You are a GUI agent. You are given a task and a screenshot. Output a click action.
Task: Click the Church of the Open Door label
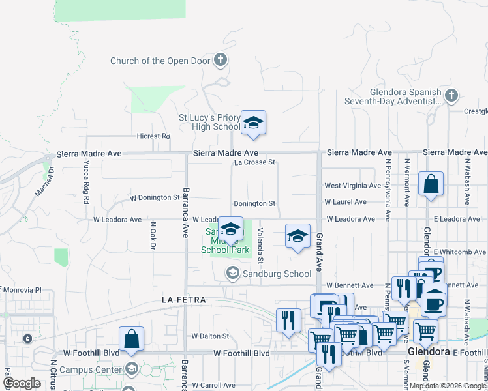pyautogui.click(x=160, y=61)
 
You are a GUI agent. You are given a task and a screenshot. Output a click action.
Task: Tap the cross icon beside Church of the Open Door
pyautogui.click(x=221, y=61)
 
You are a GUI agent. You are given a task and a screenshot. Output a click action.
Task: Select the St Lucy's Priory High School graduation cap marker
pyautogui.click(x=253, y=123)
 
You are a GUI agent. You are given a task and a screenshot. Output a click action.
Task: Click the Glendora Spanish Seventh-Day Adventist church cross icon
pyautogui.click(x=451, y=96)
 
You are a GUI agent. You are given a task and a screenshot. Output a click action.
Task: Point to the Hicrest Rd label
pyautogui.click(x=153, y=136)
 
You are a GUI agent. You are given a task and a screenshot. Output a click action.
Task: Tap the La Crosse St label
pyautogui.click(x=255, y=162)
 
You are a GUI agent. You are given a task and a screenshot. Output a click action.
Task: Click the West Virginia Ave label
pyautogui.click(x=350, y=186)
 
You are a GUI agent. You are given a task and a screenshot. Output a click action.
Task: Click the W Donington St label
pyautogui.click(x=155, y=197)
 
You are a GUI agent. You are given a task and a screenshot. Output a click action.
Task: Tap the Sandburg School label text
pyautogui.click(x=276, y=274)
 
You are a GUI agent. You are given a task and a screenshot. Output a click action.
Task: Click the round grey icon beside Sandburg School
pyautogui.click(x=232, y=274)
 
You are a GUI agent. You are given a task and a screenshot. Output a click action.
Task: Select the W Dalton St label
pyautogui.click(x=210, y=336)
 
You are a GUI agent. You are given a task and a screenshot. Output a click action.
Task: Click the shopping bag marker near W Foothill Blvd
pyautogui.click(x=131, y=339)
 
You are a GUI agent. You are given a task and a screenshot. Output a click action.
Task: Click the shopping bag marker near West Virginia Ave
pyautogui.click(x=431, y=184)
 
